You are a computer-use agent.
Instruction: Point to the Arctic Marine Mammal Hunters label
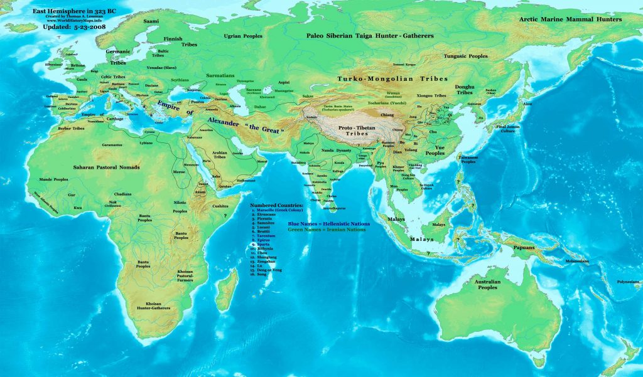(x=570, y=19)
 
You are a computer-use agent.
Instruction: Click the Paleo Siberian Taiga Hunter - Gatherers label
(x=370, y=36)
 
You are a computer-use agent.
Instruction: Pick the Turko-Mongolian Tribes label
(x=392, y=79)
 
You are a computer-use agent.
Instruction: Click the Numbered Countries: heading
(x=276, y=205)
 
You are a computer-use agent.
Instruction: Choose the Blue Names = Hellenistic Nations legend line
(x=328, y=223)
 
